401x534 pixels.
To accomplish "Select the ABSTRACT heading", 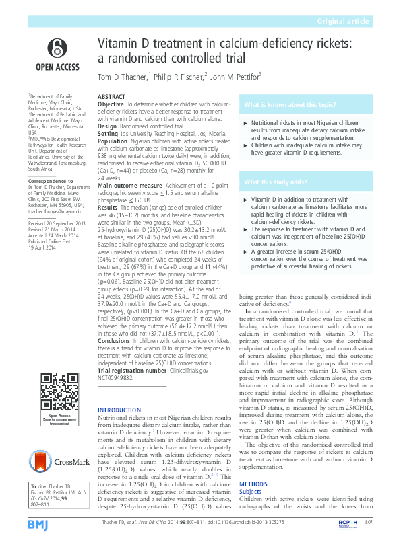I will pyautogui.click(x=112, y=97).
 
